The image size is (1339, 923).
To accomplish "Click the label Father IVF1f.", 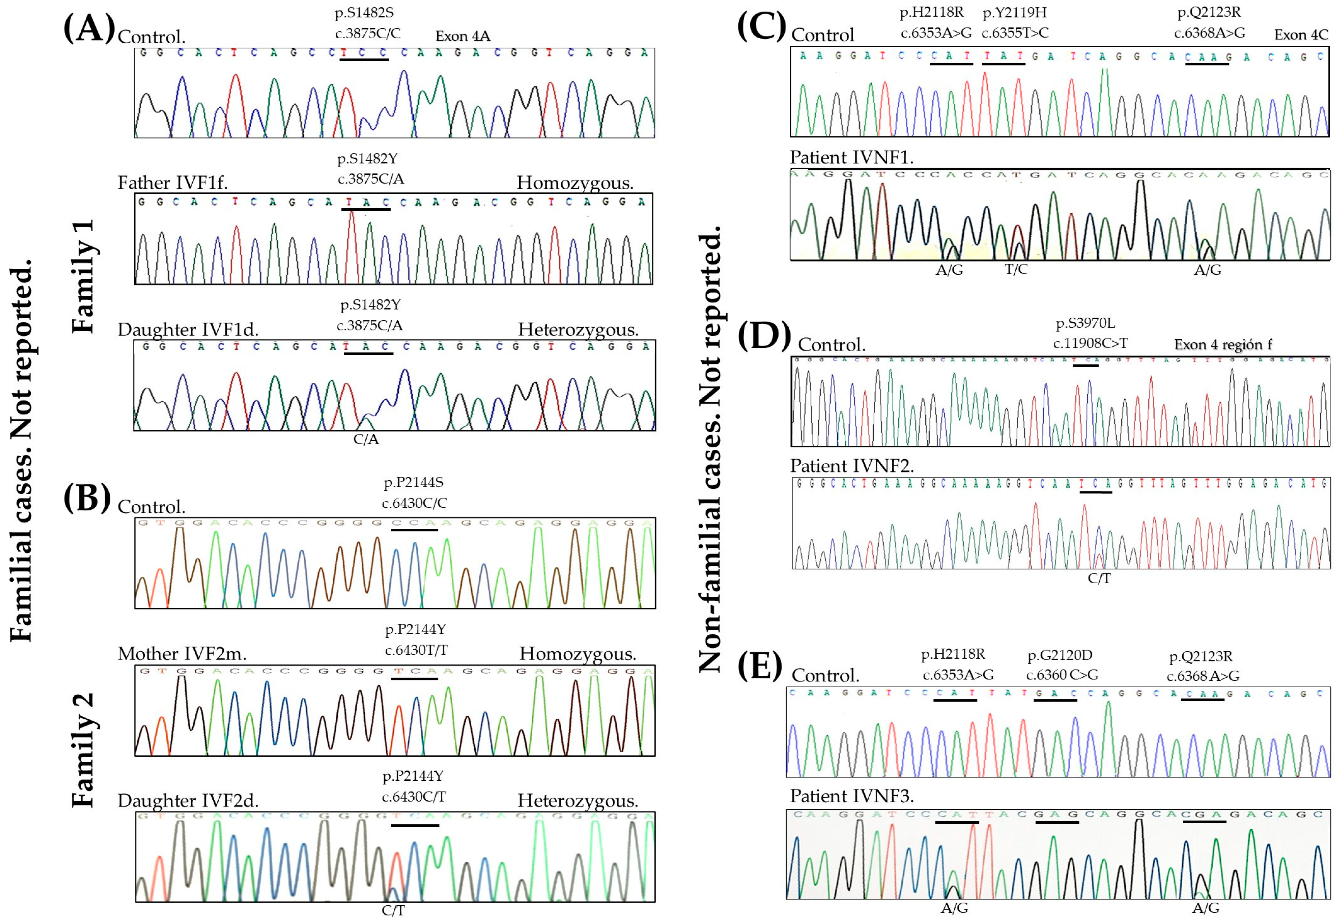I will click(x=172, y=183).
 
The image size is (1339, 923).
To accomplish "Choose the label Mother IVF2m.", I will click(x=182, y=654).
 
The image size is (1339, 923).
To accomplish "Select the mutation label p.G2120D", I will click(x=1060, y=655).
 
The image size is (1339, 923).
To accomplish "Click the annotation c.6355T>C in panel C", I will click(x=1014, y=33).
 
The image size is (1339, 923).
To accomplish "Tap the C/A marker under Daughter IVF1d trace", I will click(x=366, y=439).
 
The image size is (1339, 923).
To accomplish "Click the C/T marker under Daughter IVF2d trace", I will click(x=393, y=910).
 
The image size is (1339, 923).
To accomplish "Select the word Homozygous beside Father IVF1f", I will click(x=575, y=183).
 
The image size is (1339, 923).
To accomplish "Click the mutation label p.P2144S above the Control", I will click(x=414, y=482).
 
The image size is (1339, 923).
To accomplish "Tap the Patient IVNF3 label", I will click(x=852, y=796).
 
